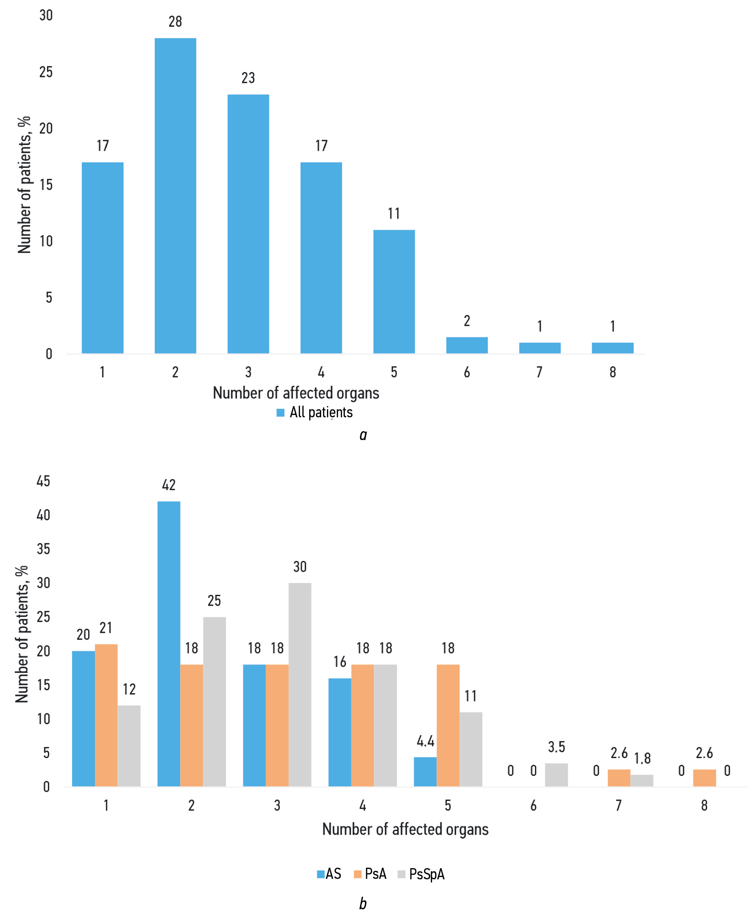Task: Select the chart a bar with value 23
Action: click(248, 224)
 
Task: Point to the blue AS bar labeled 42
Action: click(169, 644)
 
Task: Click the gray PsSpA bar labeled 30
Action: click(300, 684)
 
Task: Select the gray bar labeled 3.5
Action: click(556, 775)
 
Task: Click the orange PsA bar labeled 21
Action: click(106, 715)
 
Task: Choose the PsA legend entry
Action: click(370, 874)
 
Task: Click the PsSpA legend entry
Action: click(421, 874)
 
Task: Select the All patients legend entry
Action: click(315, 412)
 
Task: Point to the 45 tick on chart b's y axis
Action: click(43, 481)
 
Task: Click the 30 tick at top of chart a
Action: click(46, 15)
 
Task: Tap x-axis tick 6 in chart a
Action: click(467, 372)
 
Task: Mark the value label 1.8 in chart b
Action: click(642, 758)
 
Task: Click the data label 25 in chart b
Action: click(214, 600)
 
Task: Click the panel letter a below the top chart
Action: click(363, 435)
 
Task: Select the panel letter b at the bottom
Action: click(363, 903)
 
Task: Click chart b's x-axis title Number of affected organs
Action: click(405, 829)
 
